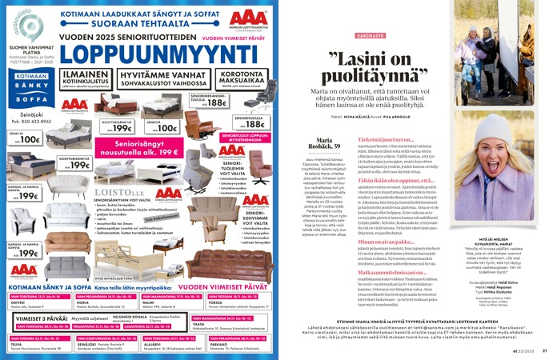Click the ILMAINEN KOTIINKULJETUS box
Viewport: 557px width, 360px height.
[83, 78]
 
